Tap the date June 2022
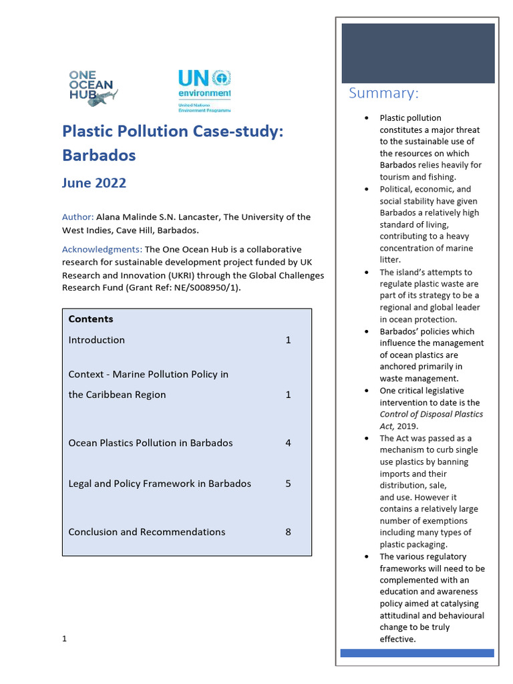94,183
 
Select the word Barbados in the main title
99,155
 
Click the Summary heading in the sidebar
383,93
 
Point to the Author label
77,217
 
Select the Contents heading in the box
91,319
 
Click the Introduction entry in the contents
96,340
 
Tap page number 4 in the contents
288,443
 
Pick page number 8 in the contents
288,532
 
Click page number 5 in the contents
288,484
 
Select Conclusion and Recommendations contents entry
147,532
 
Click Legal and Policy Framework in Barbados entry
160,484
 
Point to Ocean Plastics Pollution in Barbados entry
150,443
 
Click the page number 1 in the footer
65,639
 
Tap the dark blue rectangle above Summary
418,53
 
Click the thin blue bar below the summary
417,653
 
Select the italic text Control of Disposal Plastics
431,414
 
